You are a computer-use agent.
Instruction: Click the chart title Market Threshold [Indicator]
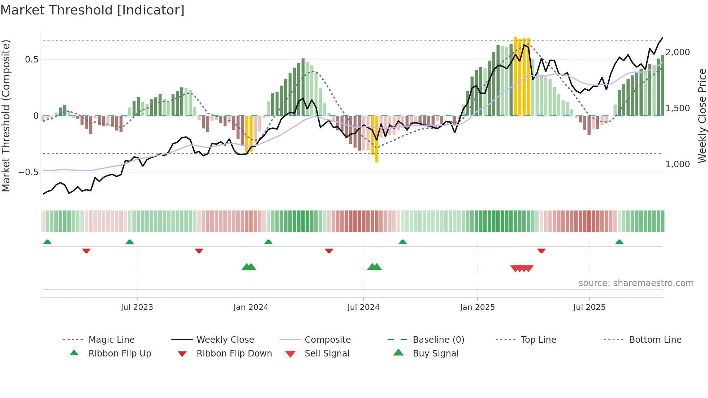click(x=92, y=10)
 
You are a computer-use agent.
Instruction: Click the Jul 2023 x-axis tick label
click(x=137, y=307)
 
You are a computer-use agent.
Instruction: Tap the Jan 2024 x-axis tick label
click(x=251, y=307)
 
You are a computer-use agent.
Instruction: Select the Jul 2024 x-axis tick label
click(x=363, y=307)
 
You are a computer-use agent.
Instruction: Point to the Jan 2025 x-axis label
click(x=477, y=307)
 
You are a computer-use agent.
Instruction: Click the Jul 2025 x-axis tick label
click(x=589, y=307)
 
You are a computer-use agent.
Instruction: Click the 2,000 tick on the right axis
click(x=678, y=52)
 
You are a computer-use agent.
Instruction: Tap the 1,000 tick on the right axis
click(x=678, y=164)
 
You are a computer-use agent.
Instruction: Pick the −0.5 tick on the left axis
click(x=29, y=172)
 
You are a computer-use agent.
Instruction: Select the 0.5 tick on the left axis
click(x=31, y=60)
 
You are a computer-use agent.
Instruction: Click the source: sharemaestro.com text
click(x=636, y=283)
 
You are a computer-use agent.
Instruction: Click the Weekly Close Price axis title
click(x=702, y=116)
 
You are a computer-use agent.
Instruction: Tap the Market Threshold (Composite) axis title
click(x=6, y=116)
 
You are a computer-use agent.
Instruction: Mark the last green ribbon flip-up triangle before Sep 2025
click(x=619, y=242)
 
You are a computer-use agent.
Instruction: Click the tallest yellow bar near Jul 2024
click(x=376, y=139)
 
